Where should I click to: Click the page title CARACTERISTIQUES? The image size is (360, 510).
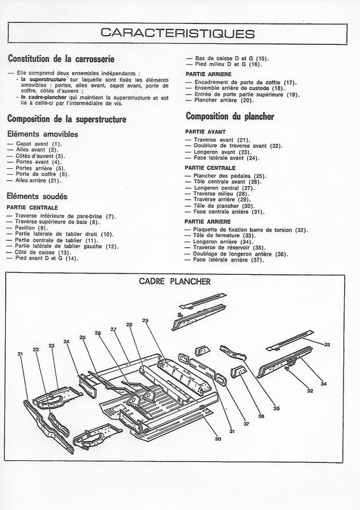point(180,33)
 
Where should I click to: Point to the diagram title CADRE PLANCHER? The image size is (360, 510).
point(180,282)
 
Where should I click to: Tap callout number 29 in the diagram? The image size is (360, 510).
point(145,320)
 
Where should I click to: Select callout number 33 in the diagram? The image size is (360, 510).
point(328,345)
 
